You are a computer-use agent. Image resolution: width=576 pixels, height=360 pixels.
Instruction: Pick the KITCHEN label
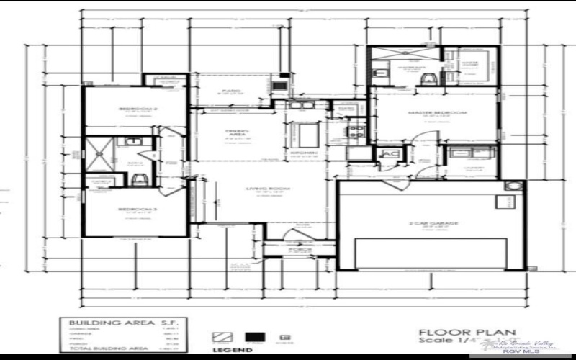(300, 153)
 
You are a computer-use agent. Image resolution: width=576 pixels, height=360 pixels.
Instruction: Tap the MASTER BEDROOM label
(437, 113)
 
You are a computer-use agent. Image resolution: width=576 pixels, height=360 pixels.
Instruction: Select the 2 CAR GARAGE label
(435, 223)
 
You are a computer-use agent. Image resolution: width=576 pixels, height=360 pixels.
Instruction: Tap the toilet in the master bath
(430, 77)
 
